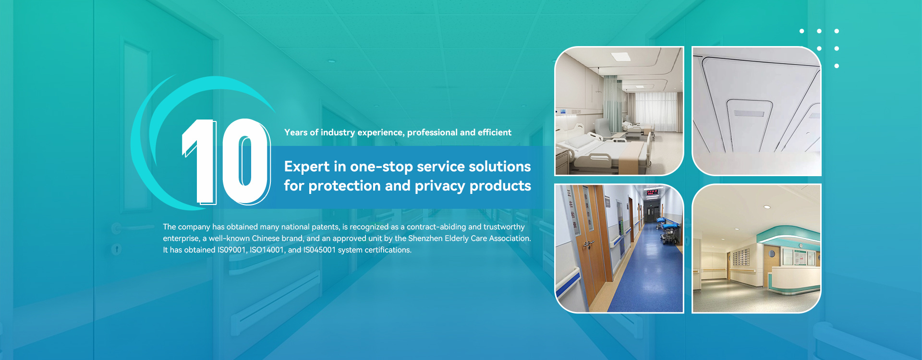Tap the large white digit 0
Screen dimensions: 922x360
[x=245, y=161]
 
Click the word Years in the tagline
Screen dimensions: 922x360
[x=296, y=132]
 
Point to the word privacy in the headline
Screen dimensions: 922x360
[x=440, y=186]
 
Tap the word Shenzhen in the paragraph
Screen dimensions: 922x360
[x=425, y=238]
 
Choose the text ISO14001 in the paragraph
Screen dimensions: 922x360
[x=267, y=250]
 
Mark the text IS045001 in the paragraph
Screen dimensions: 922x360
[x=319, y=250]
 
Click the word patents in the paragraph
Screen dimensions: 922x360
[x=326, y=227]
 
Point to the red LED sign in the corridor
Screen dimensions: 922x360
[x=652, y=192]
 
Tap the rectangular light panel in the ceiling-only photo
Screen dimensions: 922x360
[x=749, y=114]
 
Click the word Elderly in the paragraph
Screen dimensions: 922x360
[x=460, y=238]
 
